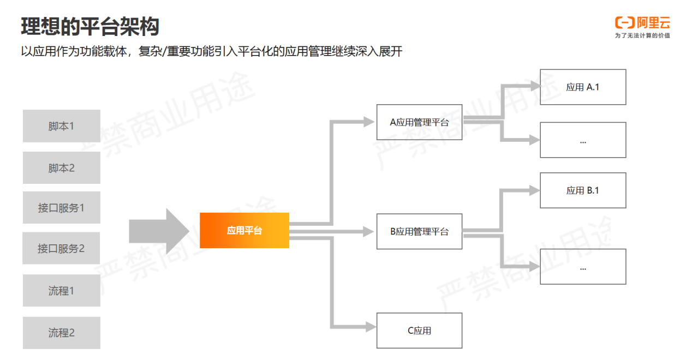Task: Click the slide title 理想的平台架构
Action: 90,26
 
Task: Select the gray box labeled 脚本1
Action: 61,126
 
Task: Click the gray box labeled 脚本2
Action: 61,168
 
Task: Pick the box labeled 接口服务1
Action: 61,208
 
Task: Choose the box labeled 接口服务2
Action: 61,249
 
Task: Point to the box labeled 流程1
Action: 61,291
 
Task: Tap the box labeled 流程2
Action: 61,333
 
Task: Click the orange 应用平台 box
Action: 244,230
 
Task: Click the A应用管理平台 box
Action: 419,122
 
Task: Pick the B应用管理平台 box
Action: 419,231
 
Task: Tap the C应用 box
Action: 419,331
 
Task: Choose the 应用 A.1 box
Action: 583,87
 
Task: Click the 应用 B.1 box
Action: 583,190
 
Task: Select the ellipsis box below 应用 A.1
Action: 583,140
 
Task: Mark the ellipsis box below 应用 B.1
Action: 583,267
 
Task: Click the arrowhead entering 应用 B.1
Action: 534,190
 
